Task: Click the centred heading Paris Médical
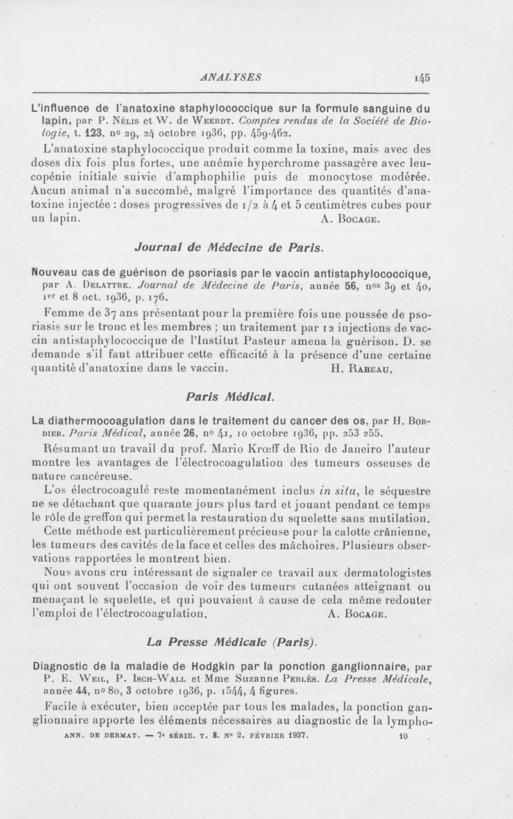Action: point(229,397)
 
